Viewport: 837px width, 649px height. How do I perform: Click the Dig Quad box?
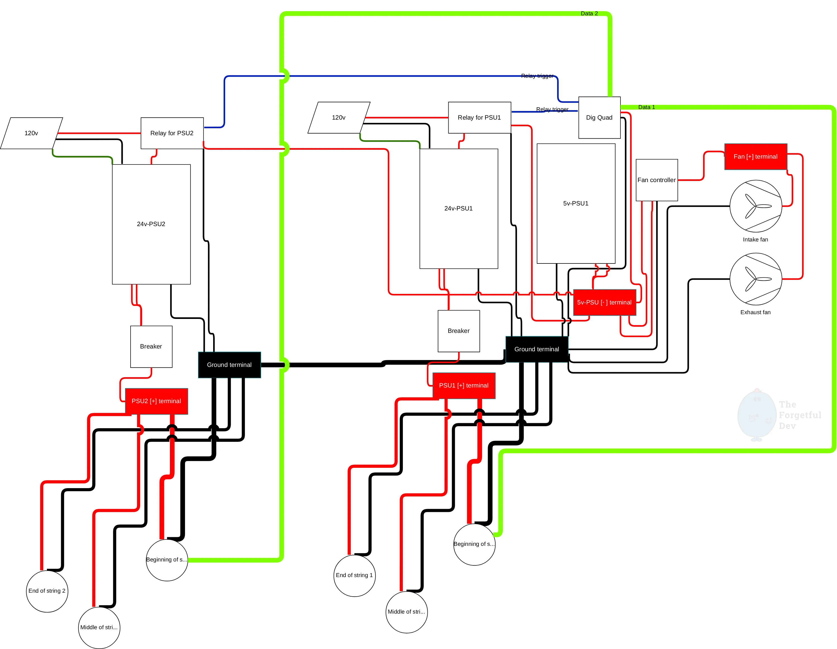pyautogui.click(x=599, y=118)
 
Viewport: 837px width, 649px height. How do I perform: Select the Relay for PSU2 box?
pyautogui.click(x=172, y=133)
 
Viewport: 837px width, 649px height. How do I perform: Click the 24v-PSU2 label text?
pyautogui.click(x=151, y=224)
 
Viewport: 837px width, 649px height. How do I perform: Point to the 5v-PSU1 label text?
pyautogui.click(x=576, y=203)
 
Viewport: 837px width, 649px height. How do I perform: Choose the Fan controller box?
pyautogui.click(x=656, y=180)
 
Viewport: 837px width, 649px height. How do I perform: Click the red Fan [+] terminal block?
pyautogui.click(x=755, y=157)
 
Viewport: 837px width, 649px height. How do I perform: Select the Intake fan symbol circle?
pyautogui.click(x=755, y=206)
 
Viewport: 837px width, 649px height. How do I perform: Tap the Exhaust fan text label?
pyautogui.click(x=755, y=312)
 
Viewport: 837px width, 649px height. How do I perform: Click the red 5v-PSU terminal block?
pyautogui.click(x=604, y=302)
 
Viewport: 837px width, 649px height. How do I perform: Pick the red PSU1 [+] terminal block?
pyautogui.click(x=464, y=386)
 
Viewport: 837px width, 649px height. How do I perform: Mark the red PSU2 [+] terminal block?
pyautogui.click(x=156, y=401)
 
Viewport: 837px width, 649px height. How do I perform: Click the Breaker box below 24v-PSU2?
pyautogui.click(x=151, y=347)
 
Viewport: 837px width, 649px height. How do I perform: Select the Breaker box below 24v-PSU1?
pyautogui.click(x=458, y=331)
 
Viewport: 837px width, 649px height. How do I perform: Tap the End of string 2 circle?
pyautogui.click(x=47, y=591)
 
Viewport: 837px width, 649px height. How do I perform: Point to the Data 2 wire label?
pyautogui.click(x=589, y=13)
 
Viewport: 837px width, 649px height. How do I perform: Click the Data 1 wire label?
pyautogui.click(x=646, y=107)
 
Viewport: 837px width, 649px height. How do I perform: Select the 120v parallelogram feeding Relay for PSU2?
pyautogui.click(x=32, y=133)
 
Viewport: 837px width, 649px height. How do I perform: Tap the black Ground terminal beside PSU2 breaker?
pyautogui.click(x=229, y=365)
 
